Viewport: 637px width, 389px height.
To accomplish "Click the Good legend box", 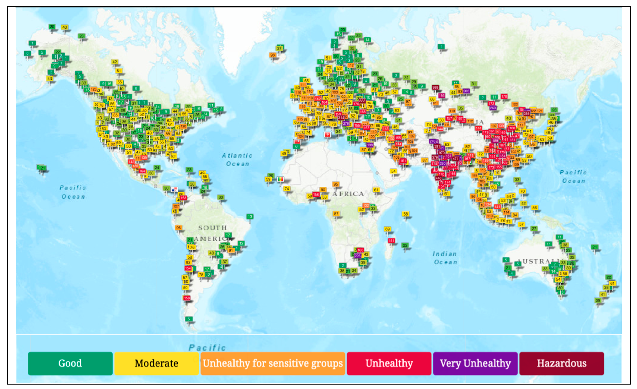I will (70, 363).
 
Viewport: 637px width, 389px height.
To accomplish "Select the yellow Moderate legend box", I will (156, 363).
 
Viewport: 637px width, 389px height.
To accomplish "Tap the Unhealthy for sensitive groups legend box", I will (273, 363).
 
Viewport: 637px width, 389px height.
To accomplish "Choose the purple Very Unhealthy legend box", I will (475, 363).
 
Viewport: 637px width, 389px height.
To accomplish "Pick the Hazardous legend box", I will (562, 363).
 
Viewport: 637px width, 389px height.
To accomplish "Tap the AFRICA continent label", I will (348, 194).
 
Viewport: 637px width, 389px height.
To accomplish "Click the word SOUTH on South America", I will (213, 228).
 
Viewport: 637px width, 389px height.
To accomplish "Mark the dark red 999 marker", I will (435, 87).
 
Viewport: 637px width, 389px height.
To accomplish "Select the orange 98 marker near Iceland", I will (272, 55).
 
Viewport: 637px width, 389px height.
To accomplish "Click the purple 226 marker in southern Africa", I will (357, 256).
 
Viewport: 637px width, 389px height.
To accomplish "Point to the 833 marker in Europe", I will (362, 101).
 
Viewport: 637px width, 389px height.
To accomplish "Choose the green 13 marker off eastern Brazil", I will (250, 216).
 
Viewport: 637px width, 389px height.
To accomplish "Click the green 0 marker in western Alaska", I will (27, 53).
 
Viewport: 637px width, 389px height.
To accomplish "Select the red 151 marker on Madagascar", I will (391, 240).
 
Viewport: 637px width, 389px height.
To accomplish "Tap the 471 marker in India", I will (455, 158).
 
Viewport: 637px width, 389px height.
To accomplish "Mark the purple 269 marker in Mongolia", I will (493, 108).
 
